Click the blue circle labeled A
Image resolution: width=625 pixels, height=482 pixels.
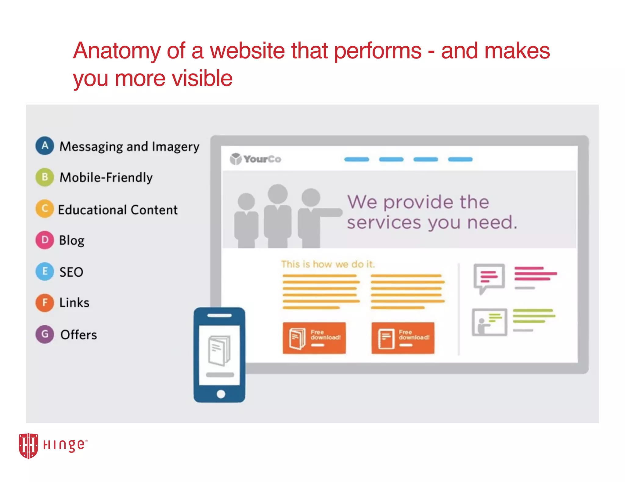(x=45, y=146)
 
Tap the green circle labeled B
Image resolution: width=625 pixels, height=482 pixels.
(x=45, y=177)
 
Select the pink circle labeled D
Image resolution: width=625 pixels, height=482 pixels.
(x=45, y=240)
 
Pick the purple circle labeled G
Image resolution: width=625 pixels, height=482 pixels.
(x=45, y=334)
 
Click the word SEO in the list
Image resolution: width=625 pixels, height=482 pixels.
(x=71, y=272)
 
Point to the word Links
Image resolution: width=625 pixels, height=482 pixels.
(x=74, y=303)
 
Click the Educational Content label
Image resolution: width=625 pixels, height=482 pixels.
(x=118, y=210)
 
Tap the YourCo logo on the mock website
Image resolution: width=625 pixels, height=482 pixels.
(x=256, y=159)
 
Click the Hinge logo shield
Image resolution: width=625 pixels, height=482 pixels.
(x=28, y=445)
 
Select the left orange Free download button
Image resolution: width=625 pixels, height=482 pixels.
(x=314, y=338)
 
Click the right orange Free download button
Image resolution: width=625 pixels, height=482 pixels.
(x=403, y=338)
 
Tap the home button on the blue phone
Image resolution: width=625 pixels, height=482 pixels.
(x=221, y=394)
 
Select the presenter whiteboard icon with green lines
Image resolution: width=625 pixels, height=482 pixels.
(x=489, y=322)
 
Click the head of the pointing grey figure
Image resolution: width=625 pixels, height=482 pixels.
(x=311, y=197)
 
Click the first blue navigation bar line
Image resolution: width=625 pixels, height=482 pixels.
(x=356, y=159)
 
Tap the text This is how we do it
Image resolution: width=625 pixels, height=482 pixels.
(x=328, y=264)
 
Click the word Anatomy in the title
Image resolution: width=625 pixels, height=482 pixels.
(x=117, y=51)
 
